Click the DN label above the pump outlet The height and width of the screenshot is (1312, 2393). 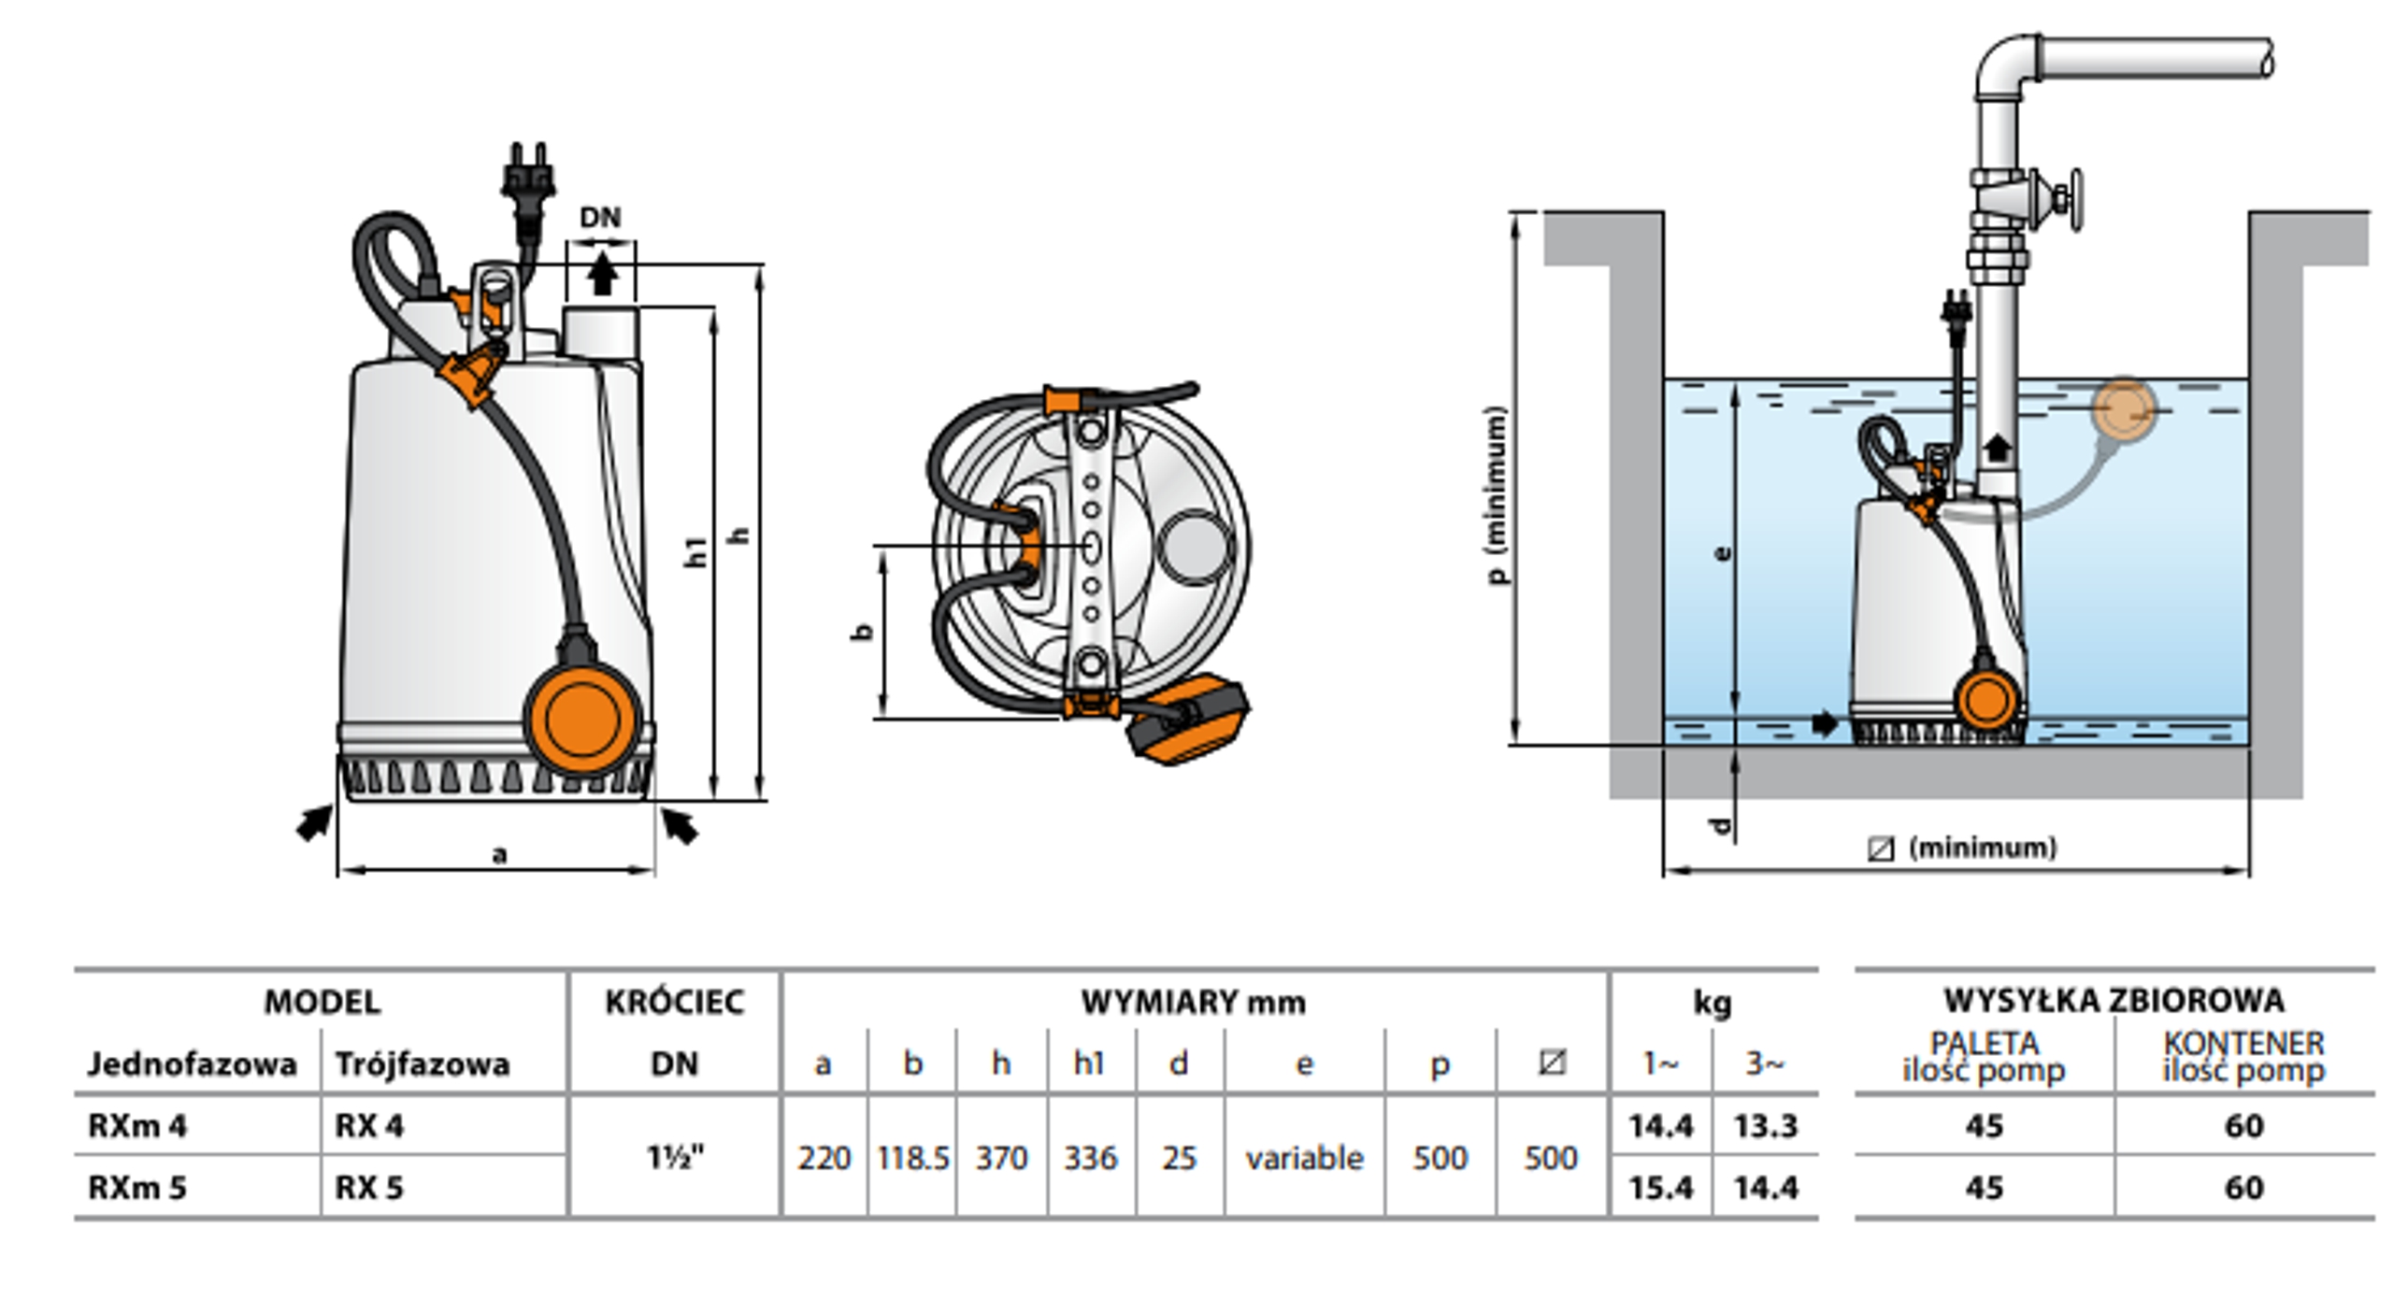(x=600, y=218)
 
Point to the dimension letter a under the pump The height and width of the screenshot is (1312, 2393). (x=499, y=854)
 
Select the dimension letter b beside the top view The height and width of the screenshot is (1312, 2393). (x=862, y=633)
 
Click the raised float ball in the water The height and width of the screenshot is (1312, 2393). (x=2124, y=409)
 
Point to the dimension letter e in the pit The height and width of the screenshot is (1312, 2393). (x=1721, y=553)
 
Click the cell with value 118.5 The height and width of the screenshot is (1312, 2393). (x=912, y=1158)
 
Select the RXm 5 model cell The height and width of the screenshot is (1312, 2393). (x=137, y=1188)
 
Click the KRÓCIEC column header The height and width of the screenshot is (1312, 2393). (x=674, y=1003)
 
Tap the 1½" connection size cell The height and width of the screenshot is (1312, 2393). (x=674, y=1158)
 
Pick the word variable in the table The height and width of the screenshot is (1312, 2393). (x=1304, y=1158)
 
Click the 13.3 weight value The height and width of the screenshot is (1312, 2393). (x=1765, y=1127)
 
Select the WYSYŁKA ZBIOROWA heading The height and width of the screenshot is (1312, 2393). (x=2114, y=1001)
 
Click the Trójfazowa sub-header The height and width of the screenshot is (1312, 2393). (x=423, y=1064)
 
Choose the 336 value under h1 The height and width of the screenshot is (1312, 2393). (x=1090, y=1158)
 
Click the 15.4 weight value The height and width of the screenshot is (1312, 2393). (x=1660, y=1188)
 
